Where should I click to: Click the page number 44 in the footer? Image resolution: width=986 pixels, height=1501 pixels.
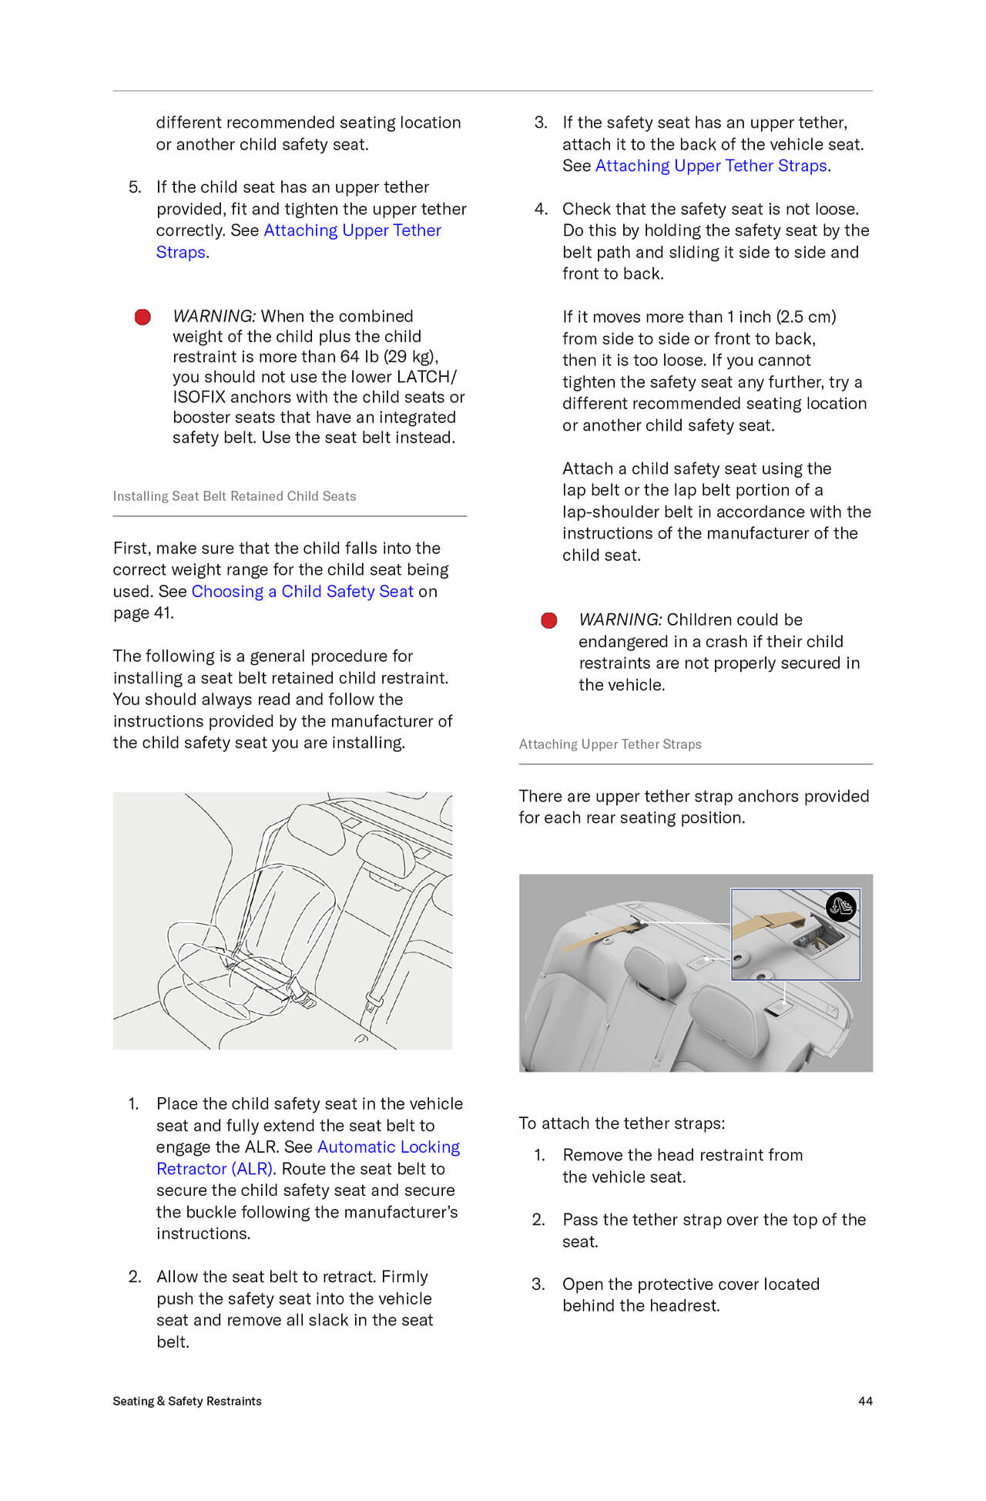(x=865, y=1401)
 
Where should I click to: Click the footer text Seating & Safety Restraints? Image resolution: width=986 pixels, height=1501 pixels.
(x=187, y=1401)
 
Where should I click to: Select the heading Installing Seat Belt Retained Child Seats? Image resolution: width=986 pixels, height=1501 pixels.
(x=234, y=496)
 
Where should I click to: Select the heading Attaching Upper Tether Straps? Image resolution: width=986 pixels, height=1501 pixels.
(x=610, y=744)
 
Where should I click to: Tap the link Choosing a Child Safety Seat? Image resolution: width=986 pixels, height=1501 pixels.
(x=302, y=592)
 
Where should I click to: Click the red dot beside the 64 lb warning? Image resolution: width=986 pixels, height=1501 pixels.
(x=143, y=317)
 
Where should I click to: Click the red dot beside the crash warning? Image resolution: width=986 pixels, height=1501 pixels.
(x=549, y=620)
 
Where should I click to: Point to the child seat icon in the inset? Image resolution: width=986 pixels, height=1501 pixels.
(x=840, y=907)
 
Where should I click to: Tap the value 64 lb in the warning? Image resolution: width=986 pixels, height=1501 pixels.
(x=360, y=357)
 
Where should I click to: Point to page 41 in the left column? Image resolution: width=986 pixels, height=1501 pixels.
(x=143, y=613)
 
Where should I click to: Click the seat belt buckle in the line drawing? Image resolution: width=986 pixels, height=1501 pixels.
(x=297, y=989)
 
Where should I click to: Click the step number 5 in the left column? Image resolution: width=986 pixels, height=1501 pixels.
(x=135, y=187)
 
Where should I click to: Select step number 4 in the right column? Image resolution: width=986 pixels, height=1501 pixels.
(x=541, y=209)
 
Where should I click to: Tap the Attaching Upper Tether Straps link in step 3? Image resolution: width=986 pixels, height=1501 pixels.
(x=711, y=166)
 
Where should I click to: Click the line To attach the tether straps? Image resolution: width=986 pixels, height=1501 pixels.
(x=622, y=1123)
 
